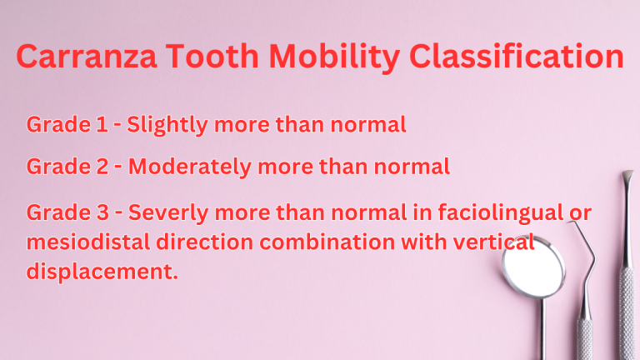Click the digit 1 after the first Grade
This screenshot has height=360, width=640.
pos(102,125)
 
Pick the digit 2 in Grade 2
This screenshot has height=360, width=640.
pos(103,167)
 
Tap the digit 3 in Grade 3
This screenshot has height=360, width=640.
pos(103,213)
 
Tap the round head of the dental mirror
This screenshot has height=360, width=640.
pos(533,268)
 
